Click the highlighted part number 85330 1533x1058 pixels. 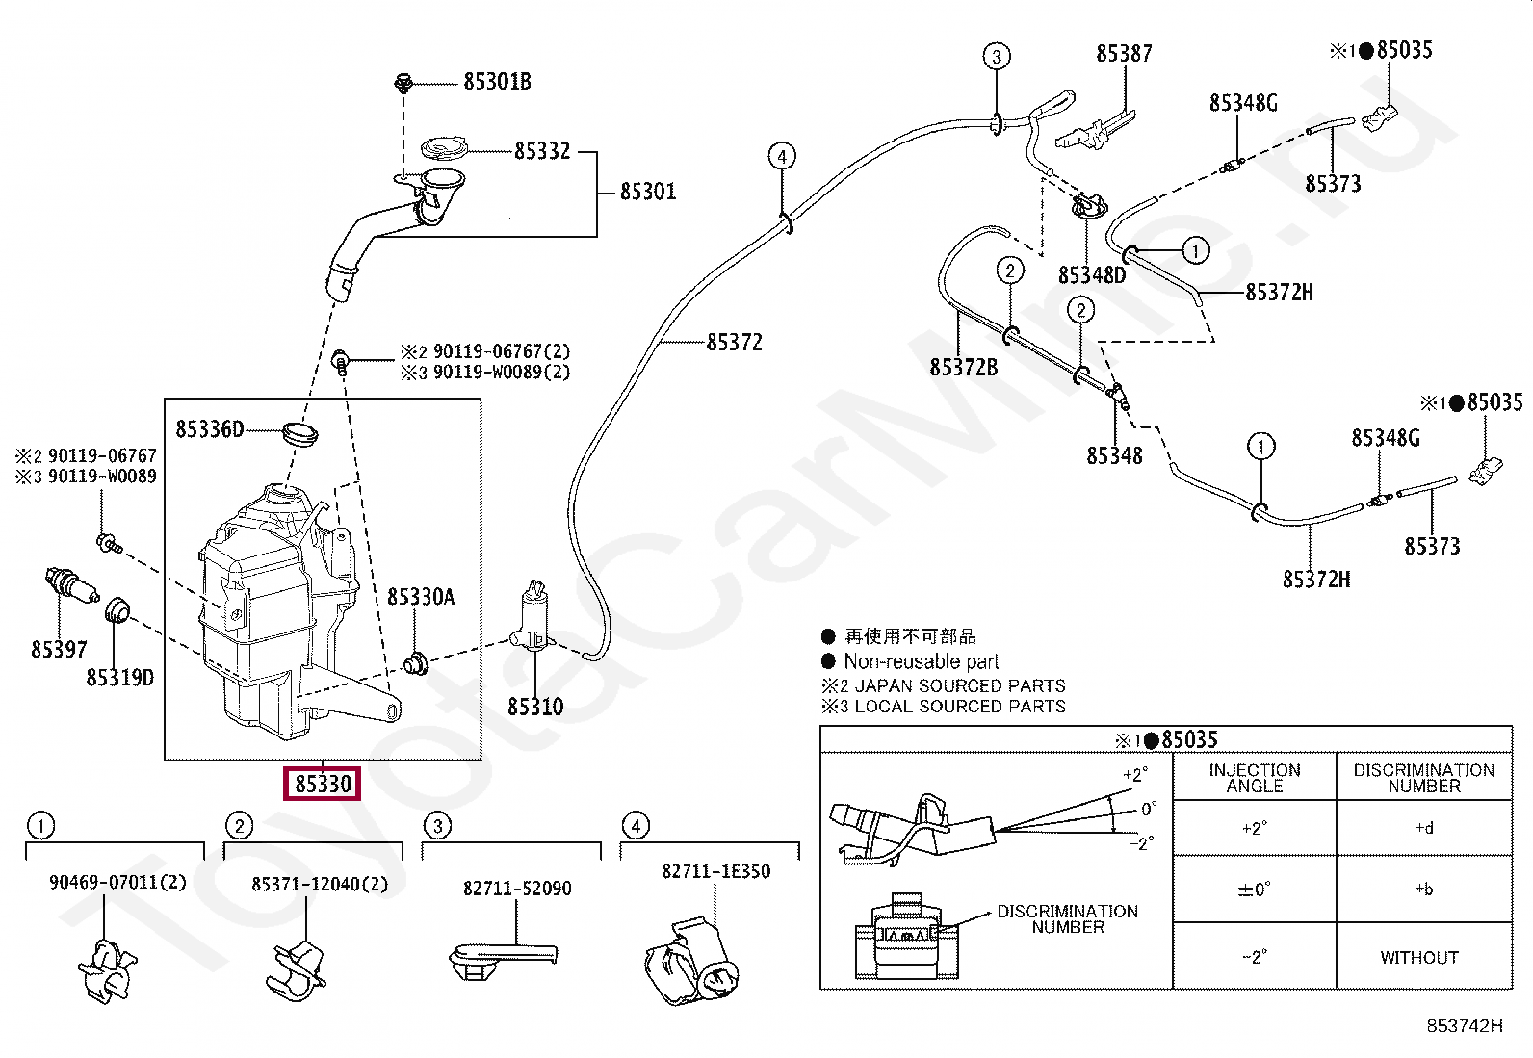(x=323, y=784)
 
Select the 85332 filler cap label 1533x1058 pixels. (x=542, y=151)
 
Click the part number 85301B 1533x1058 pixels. (x=497, y=82)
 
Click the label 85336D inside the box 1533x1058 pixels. (x=210, y=429)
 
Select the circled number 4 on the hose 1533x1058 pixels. (x=782, y=156)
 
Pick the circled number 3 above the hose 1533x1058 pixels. (x=997, y=57)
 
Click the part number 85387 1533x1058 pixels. (x=1124, y=54)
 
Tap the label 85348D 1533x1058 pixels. (x=1092, y=275)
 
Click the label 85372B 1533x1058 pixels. (x=963, y=367)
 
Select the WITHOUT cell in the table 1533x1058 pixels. (x=1419, y=957)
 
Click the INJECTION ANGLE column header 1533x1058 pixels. (x=1255, y=778)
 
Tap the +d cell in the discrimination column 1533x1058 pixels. (x=1423, y=828)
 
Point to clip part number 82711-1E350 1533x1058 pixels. (x=715, y=871)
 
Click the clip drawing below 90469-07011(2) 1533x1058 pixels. (x=108, y=968)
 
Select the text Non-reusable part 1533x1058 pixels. (x=921, y=661)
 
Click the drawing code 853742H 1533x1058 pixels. (x=1464, y=1026)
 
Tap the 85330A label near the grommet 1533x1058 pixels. (x=421, y=597)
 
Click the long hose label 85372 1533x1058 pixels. (x=734, y=343)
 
